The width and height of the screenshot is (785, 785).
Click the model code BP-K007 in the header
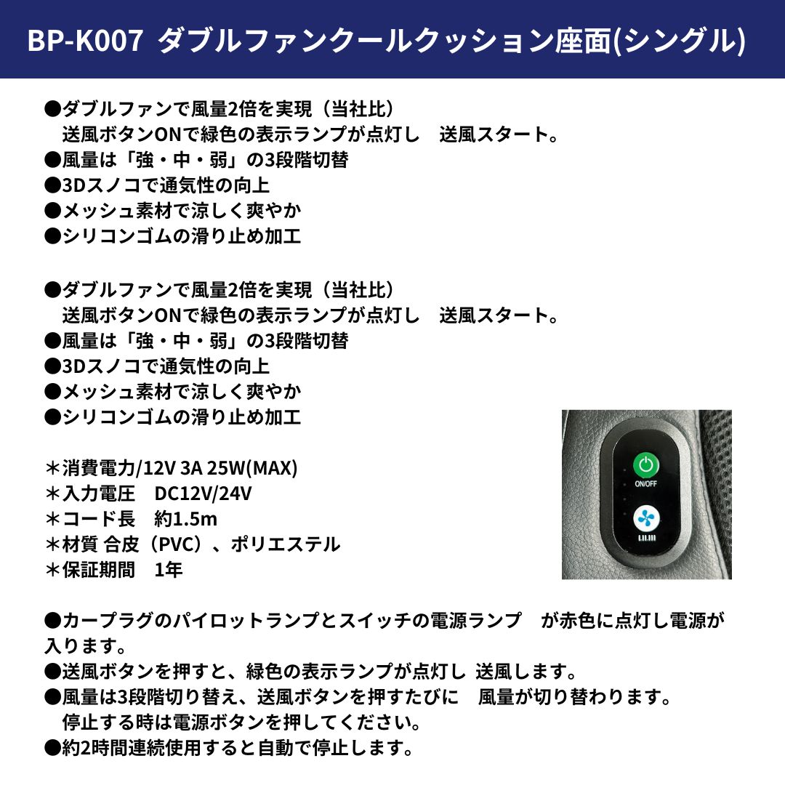84,41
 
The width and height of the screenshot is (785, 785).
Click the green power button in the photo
646,465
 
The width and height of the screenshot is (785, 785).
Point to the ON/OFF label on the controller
646,483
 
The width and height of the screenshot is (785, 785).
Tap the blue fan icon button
646,519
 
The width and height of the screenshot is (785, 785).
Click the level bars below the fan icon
646,538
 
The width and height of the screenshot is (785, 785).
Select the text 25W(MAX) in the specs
252,468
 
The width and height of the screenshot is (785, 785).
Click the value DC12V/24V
203,494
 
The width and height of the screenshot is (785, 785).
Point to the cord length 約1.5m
186,519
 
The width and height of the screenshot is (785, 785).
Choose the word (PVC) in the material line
176,544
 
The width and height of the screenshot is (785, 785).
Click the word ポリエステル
286,544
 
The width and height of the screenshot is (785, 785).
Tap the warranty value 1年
169,570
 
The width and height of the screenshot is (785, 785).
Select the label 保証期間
99,570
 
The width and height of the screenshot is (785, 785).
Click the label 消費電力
99,468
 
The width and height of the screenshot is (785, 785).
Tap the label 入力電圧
99,494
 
